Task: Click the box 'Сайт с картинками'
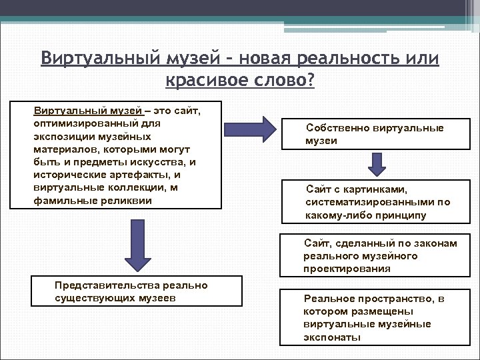click(379, 202)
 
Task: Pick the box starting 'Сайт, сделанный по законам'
click(379, 256)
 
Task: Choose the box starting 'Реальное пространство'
click(379, 318)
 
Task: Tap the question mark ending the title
click(311, 81)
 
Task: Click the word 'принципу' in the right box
click(400, 215)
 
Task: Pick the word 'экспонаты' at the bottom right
click(332, 337)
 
